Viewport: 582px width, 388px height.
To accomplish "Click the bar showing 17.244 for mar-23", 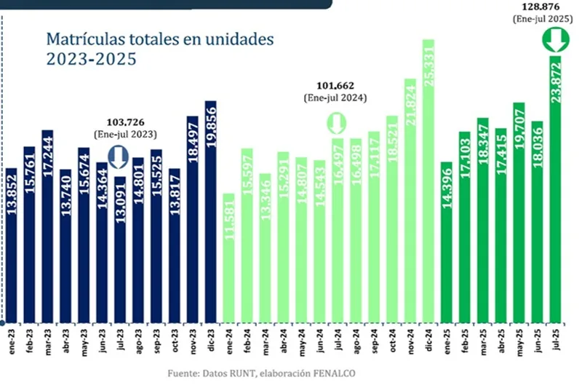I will pos(47,226).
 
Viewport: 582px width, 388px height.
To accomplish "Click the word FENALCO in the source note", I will pos(335,374).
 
